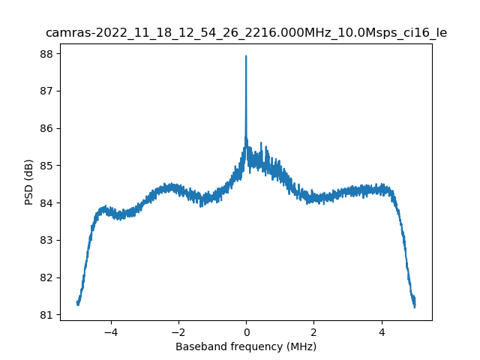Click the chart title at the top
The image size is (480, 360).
pyautogui.click(x=246, y=33)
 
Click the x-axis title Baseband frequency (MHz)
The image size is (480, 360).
pyautogui.click(x=246, y=346)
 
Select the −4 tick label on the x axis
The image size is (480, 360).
pyautogui.click(x=110, y=331)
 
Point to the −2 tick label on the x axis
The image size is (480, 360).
pyautogui.click(x=178, y=331)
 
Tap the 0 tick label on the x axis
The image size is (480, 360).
pyautogui.click(x=246, y=331)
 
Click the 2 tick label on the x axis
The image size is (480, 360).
pyautogui.click(x=313, y=331)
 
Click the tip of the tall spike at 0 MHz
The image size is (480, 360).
pyautogui.click(x=246, y=56)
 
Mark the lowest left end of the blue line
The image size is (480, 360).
pyautogui.click(x=78, y=304)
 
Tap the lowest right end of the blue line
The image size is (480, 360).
pyautogui.click(x=414, y=307)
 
